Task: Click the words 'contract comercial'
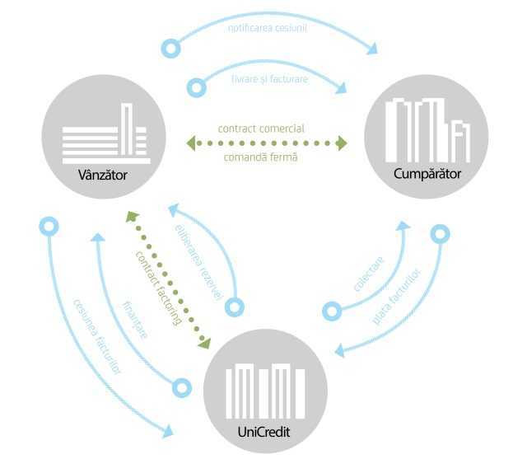[x=261, y=129]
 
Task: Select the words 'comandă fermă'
[x=261, y=157]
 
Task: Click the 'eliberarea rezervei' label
[x=198, y=261]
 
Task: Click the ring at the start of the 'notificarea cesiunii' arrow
[x=171, y=48]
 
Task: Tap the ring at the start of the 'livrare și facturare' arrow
[x=197, y=86]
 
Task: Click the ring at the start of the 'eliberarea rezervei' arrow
[x=236, y=307]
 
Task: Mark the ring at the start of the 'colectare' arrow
[x=331, y=311]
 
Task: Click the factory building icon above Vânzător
[x=105, y=133]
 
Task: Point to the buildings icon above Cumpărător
[x=427, y=129]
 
